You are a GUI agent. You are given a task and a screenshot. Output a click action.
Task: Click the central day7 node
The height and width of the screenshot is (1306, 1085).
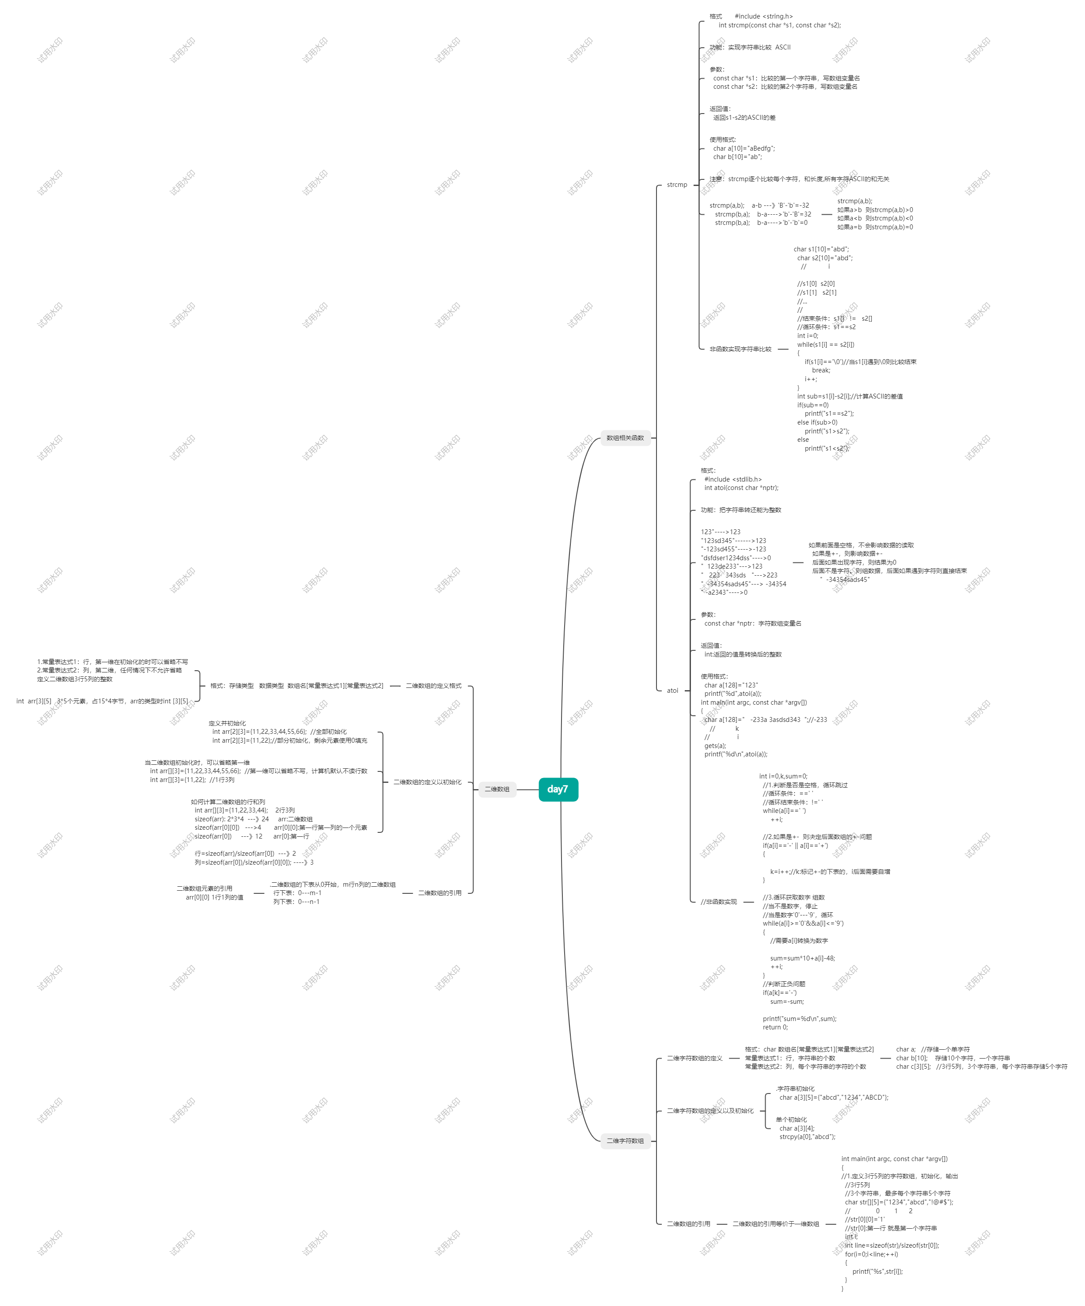coord(558,789)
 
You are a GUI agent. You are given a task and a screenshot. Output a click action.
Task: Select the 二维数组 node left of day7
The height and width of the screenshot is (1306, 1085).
coord(497,789)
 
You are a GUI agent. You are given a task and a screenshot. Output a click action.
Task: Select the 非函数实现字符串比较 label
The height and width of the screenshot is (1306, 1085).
coord(740,349)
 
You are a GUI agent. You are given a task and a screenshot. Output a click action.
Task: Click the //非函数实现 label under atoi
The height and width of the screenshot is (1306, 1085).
coord(718,902)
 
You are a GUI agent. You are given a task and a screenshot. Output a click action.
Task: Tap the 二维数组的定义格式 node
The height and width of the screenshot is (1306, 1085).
coord(433,686)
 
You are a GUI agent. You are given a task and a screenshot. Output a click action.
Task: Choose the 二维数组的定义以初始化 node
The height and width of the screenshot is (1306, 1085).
coord(427,782)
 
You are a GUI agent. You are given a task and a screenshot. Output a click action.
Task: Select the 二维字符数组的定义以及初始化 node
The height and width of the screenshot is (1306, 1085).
coord(710,1111)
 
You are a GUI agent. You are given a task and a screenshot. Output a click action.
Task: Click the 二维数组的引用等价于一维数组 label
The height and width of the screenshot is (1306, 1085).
coord(775,1224)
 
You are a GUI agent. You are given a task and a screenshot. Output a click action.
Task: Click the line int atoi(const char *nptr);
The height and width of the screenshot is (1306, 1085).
coord(741,488)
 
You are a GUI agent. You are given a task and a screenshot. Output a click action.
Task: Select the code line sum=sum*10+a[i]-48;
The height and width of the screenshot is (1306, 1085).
coord(802,958)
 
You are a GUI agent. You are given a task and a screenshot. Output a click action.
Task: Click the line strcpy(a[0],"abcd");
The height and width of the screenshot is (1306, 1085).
coord(807,1137)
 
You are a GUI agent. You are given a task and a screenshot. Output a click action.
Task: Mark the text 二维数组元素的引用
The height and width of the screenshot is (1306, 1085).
coord(204,888)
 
